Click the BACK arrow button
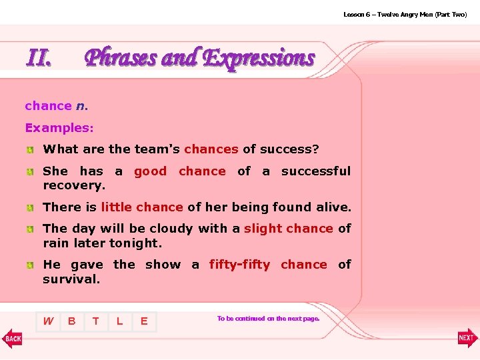[x=12, y=338]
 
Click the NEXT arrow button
[x=467, y=338]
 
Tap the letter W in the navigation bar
[x=48, y=321]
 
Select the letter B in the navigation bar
[x=71, y=321]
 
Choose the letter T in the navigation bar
[x=96, y=321]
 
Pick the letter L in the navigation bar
[x=119, y=321]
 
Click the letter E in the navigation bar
[x=143, y=321]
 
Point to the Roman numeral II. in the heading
[x=39, y=58]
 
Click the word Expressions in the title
[x=258, y=58]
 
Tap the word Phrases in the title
[x=121, y=58]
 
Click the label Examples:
[x=59, y=127]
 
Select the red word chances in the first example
[x=211, y=149]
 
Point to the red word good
[x=150, y=171]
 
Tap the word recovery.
[x=74, y=185]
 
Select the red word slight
[x=264, y=229]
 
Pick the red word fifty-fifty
[x=239, y=265]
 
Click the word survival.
[x=71, y=279]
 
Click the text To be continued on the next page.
[x=268, y=319]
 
